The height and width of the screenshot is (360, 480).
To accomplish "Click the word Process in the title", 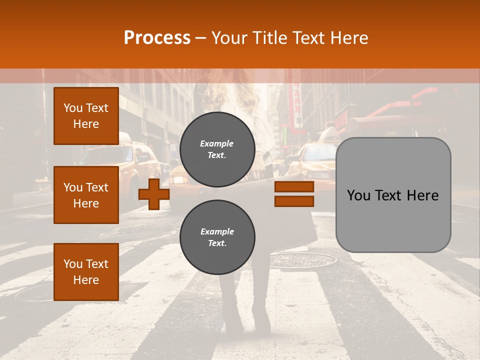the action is [157, 38].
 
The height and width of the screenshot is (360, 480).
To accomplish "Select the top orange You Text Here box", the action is [86, 116].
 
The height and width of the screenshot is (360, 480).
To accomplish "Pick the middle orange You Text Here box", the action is [86, 195].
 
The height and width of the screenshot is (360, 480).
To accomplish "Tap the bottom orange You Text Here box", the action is [86, 272].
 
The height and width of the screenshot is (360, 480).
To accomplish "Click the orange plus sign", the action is [154, 194].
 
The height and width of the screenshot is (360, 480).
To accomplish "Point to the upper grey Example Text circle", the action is [217, 149].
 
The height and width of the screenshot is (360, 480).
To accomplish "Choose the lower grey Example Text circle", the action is [217, 237].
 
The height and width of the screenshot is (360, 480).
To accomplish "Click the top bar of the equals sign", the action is [294, 187].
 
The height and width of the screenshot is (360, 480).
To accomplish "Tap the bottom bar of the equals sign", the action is [294, 201].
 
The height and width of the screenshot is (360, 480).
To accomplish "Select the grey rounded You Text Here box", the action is [393, 195].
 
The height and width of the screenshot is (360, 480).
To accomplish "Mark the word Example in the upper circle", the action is [217, 143].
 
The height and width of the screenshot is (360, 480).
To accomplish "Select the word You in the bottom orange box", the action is [72, 264].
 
